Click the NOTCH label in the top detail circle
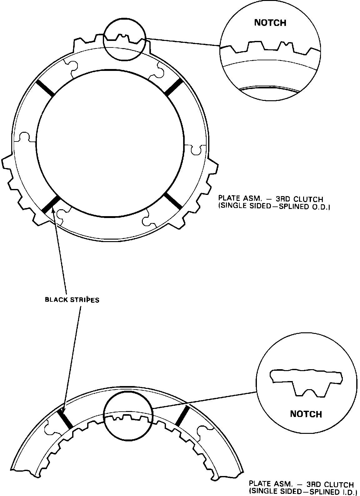point(270,23)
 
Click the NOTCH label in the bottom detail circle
point(306,414)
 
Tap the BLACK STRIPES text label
point(72,300)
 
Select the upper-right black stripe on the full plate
point(173,87)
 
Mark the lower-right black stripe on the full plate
point(173,200)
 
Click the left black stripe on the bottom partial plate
point(65,419)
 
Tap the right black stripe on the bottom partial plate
point(182,416)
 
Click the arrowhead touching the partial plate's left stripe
point(62,411)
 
